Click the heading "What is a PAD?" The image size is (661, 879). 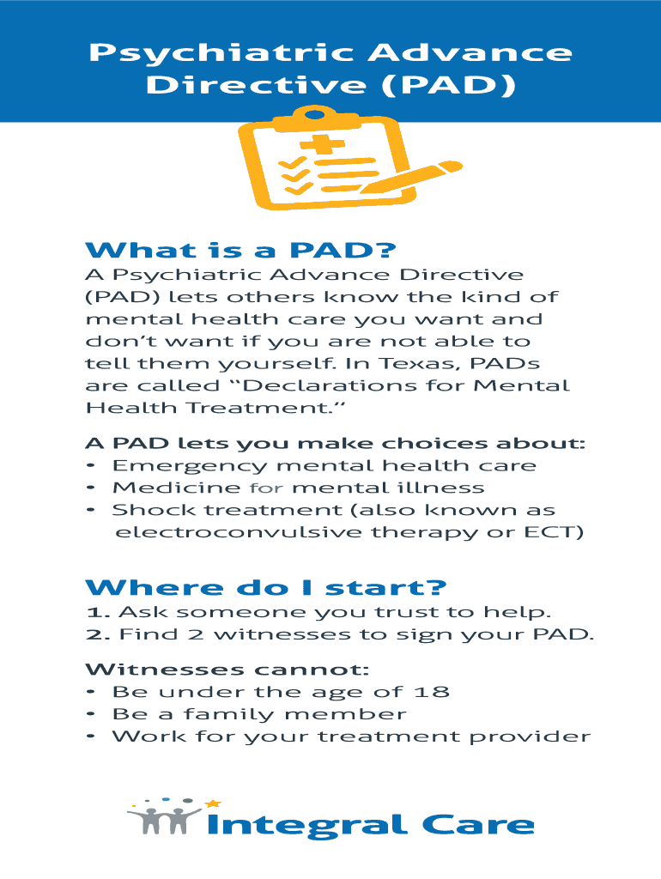coord(240,250)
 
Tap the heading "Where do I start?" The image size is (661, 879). coord(266,587)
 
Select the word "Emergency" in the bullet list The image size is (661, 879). coord(190,466)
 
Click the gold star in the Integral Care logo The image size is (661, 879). coord(213,803)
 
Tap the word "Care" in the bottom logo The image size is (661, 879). coord(477,825)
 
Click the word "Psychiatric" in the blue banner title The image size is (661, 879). coord(222,53)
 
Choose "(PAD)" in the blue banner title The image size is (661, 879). coord(450,85)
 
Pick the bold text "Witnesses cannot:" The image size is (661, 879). coord(227,670)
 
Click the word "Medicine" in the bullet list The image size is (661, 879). coord(177,488)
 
